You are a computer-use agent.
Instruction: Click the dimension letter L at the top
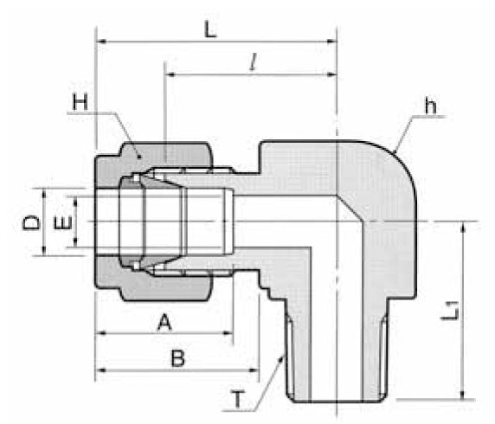[x=210, y=29]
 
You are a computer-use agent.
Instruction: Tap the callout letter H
[x=80, y=102]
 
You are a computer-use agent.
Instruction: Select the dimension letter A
[x=162, y=322]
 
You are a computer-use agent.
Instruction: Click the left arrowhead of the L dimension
[x=101, y=41]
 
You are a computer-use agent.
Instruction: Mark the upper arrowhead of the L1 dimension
[x=466, y=226]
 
